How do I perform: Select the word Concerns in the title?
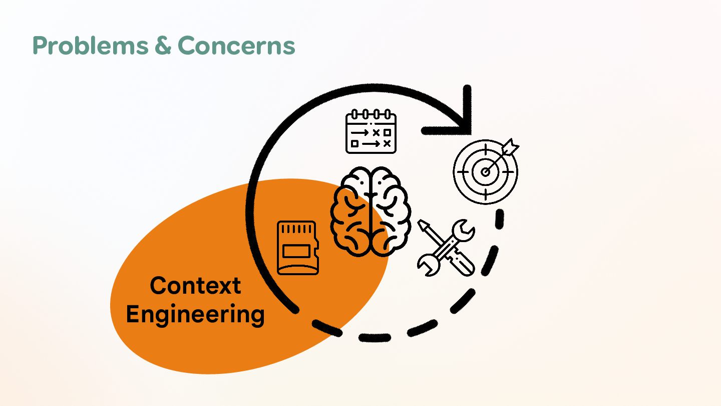tap(236, 46)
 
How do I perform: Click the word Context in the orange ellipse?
tap(195, 286)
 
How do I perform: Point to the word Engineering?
tap(195, 315)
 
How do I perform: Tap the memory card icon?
tap(297, 248)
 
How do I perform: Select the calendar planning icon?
tap(371, 131)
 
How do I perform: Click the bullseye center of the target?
tap(485, 172)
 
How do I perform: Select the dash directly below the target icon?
tap(500, 219)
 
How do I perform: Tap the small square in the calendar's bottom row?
tap(355, 143)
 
